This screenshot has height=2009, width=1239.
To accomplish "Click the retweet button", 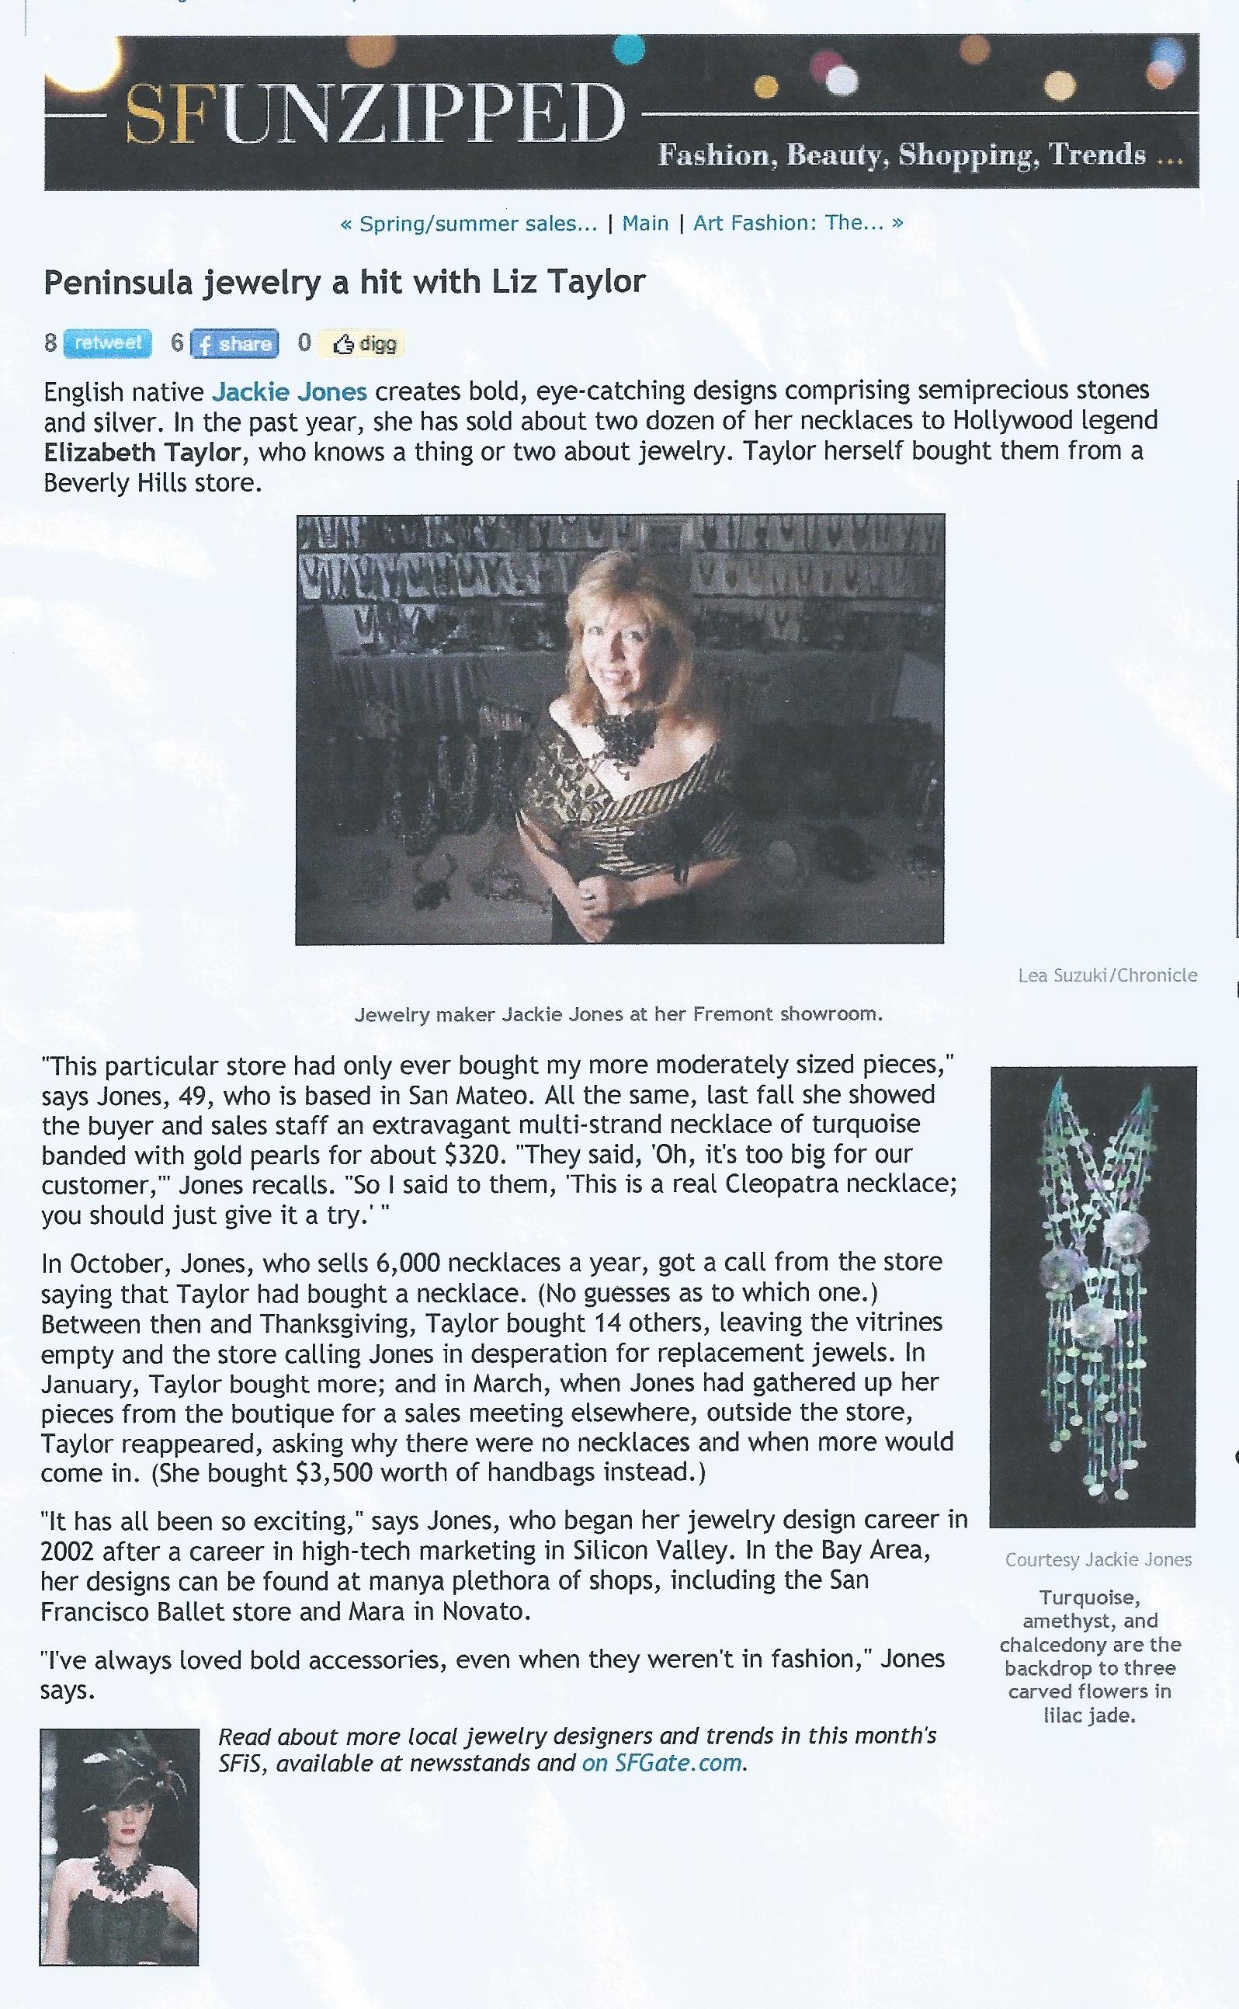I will tap(108, 342).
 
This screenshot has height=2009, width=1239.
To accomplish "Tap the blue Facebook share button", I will tap(234, 343).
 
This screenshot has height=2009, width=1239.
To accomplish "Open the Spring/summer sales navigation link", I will tap(470, 223).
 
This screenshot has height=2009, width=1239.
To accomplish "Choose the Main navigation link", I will tap(645, 223).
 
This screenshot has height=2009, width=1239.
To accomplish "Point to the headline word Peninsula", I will tap(117, 283).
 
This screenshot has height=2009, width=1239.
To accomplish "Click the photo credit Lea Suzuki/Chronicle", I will tap(1107, 975).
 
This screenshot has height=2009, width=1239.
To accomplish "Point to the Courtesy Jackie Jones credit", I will tap(1098, 1560).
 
